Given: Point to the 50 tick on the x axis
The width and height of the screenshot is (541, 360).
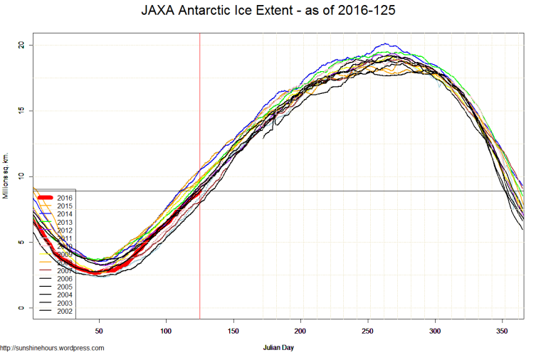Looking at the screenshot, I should [x=99, y=331].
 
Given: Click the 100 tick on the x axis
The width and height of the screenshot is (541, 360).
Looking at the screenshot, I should [x=166, y=331].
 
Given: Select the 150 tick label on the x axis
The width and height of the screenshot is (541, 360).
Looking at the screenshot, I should [x=233, y=331].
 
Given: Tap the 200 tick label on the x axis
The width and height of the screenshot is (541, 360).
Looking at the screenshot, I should [x=300, y=331].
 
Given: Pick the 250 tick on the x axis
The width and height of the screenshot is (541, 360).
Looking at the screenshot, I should [x=368, y=331].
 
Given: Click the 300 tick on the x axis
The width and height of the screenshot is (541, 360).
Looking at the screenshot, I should [x=435, y=331].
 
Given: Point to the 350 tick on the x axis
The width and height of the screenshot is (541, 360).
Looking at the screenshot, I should [x=503, y=331].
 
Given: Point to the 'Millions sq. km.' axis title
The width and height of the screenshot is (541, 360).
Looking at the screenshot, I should [x=6, y=176].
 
